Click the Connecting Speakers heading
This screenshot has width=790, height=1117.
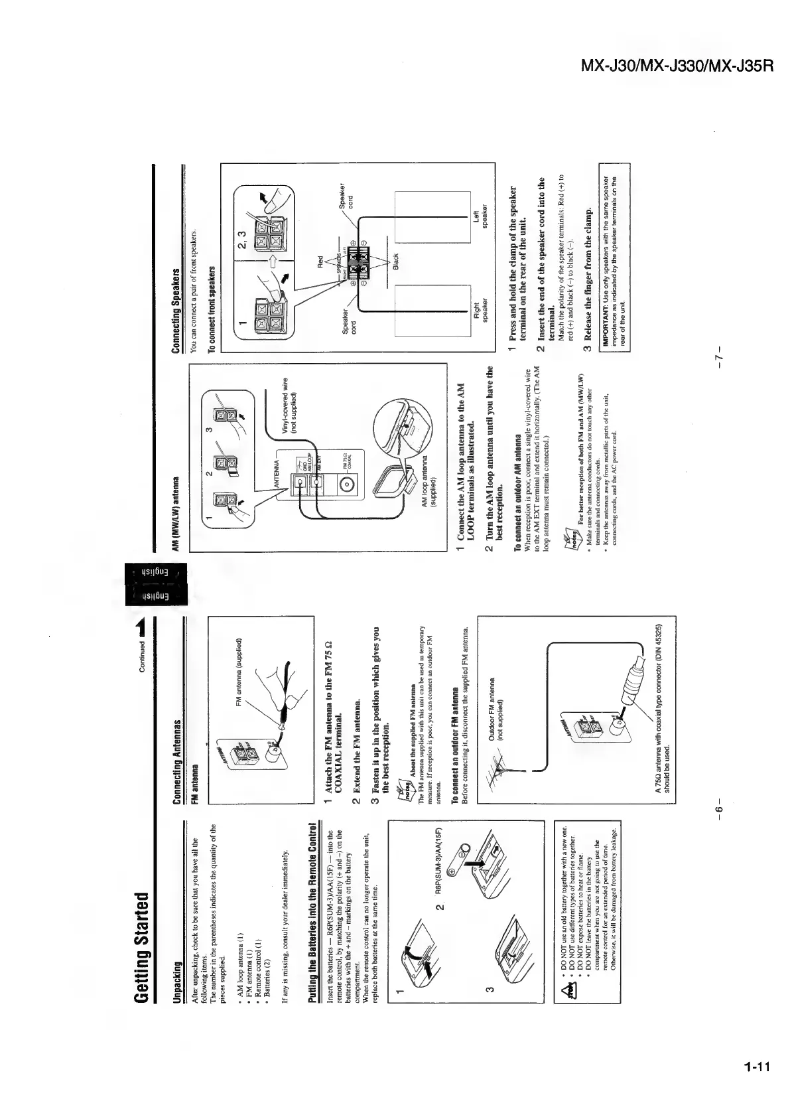pyautogui.click(x=176, y=309)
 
